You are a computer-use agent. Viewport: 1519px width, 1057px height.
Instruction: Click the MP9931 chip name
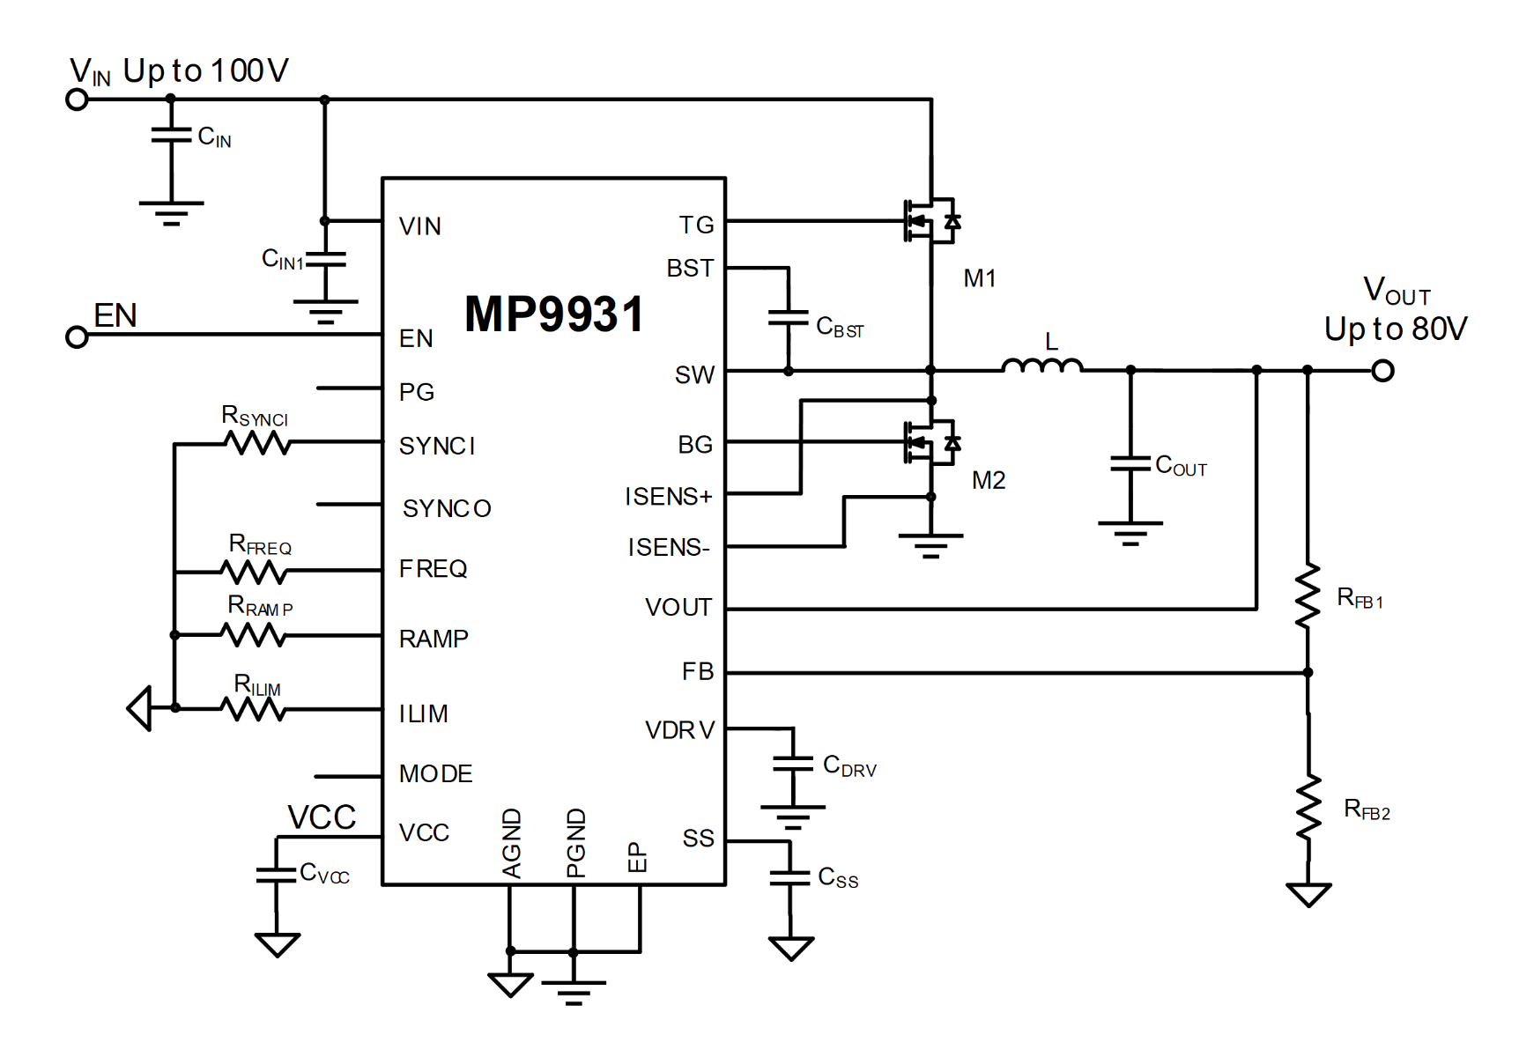coord(554,314)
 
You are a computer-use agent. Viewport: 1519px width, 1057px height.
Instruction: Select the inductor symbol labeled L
coord(1041,365)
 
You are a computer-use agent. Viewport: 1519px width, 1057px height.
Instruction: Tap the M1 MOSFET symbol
coord(931,220)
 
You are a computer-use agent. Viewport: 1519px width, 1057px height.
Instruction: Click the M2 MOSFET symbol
coord(931,441)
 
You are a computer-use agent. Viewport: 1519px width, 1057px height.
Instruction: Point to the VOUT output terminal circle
coord(1382,371)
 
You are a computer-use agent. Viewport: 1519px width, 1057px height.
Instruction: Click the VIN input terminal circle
coord(78,100)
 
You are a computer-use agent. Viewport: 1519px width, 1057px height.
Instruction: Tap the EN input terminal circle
coord(78,336)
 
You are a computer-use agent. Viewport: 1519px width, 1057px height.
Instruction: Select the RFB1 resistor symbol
coord(1308,595)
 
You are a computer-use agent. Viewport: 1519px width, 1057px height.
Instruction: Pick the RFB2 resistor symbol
coord(1308,807)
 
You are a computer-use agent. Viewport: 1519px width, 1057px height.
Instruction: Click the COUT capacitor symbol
coord(1130,463)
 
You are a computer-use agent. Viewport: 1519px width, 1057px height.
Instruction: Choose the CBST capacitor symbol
coord(789,317)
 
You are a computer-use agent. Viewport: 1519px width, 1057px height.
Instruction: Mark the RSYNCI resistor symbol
coord(257,443)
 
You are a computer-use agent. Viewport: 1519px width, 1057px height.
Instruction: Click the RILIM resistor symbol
coord(254,708)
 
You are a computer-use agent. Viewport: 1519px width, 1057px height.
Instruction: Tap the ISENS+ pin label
coord(668,497)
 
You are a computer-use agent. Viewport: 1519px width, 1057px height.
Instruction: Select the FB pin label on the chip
coord(698,672)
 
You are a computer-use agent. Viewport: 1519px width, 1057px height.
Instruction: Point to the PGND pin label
coord(575,843)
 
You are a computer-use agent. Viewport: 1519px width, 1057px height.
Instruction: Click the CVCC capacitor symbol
coord(277,875)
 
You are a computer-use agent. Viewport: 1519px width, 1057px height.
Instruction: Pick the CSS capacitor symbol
coord(790,877)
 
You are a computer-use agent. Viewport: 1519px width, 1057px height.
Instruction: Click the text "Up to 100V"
coord(206,70)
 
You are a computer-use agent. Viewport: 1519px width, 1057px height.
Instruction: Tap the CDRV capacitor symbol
coord(793,764)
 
